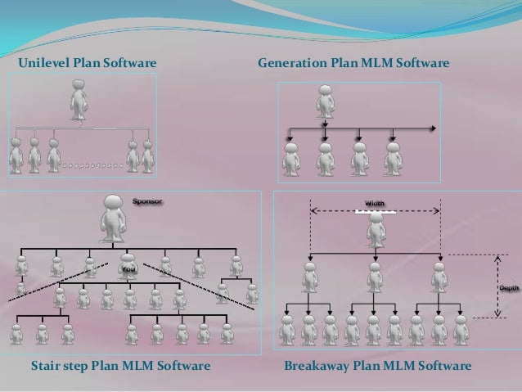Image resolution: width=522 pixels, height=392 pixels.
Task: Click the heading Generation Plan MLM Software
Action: click(353, 62)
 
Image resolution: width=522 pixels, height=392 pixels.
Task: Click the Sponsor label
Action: click(148, 199)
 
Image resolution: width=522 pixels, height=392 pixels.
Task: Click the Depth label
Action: click(507, 288)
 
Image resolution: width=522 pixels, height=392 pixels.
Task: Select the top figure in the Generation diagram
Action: click(326, 102)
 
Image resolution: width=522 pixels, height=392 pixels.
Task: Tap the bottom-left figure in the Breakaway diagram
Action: click(287, 330)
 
